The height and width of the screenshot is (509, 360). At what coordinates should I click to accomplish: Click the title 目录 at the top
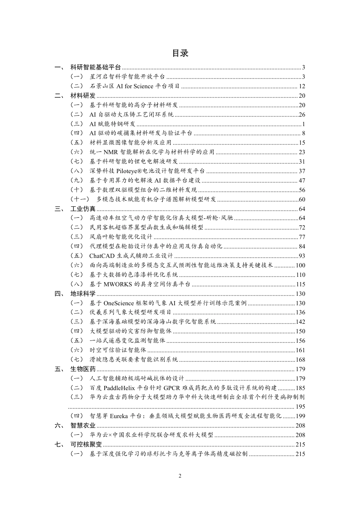(180, 53)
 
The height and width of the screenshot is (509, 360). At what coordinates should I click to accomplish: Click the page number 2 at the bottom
(180, 476)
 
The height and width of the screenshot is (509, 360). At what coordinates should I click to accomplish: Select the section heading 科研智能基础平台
(95, 67)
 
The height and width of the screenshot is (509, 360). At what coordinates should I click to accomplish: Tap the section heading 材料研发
(83, 96)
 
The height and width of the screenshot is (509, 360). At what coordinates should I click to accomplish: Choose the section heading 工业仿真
(83, 209)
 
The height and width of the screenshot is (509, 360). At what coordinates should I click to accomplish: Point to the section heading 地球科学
(83, 294)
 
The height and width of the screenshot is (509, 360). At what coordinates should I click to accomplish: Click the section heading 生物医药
(83, 369)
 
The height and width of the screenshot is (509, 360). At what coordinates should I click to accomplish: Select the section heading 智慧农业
(83, 425)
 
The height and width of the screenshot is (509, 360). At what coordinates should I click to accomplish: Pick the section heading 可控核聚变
(86, 444)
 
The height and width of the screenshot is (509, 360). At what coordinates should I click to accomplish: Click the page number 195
(300, 407)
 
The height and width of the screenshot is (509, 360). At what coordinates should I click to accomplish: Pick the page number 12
(302, 86)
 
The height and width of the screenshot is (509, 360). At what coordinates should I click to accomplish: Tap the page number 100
(300, 265)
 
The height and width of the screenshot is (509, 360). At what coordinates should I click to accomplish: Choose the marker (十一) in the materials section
(80, 199)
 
